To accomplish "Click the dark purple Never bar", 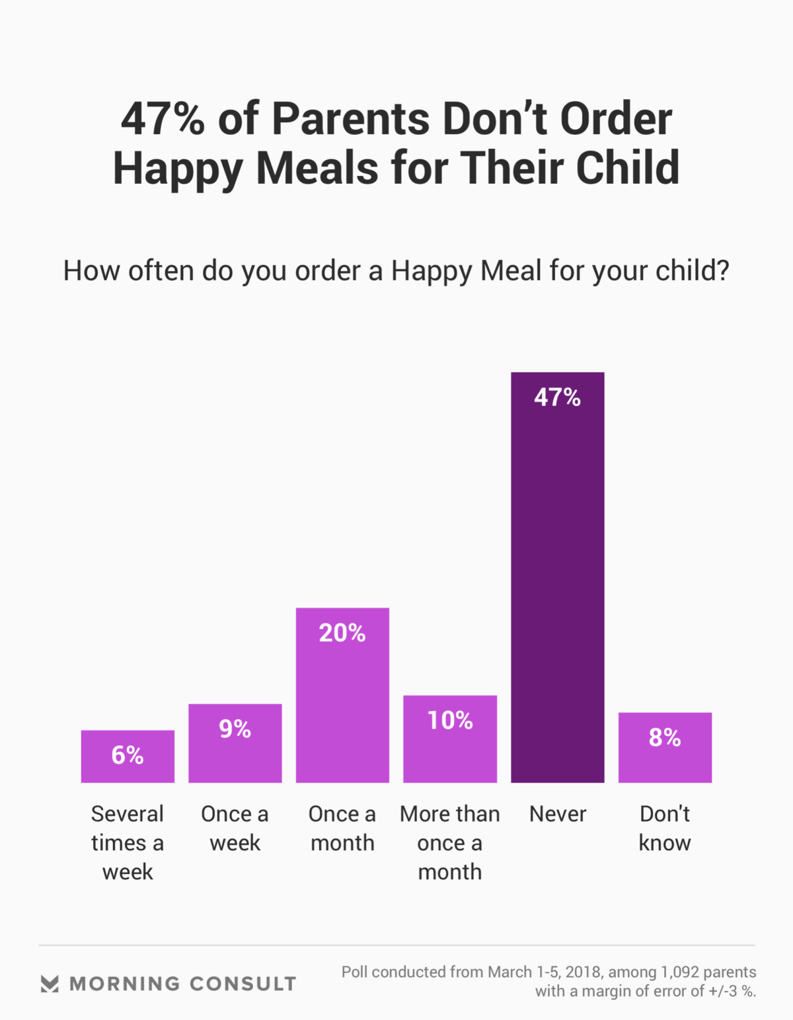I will pyautogui.click(x=557, y=582).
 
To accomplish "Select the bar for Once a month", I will pyautogui.click(x=342, y=701).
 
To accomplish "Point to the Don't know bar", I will pyautogui.click(x=665, y=750).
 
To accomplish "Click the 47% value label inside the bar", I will pyautogui.click(x=557, y=397).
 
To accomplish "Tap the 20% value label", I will pyautogui.click(x=342, y=633).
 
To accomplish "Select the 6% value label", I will pyautogui.click(x=128, y=755).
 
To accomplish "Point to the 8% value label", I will pyautogui.click(x=665, y=738).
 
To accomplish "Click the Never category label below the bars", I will pyautogui.click(x=558, y=814).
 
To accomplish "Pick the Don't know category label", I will pyautogui.click(x=665, y=828).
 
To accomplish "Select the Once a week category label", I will pyautogui.click(x=235, y=828).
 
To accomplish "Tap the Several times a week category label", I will pyautogui.click(x=128, y=843).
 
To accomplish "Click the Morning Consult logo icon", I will pyautogui.click(x=50, y=984).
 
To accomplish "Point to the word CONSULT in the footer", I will pyautogui.click(x=243, y=984).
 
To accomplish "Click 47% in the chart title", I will pyautogui.click(x=163, y=119).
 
